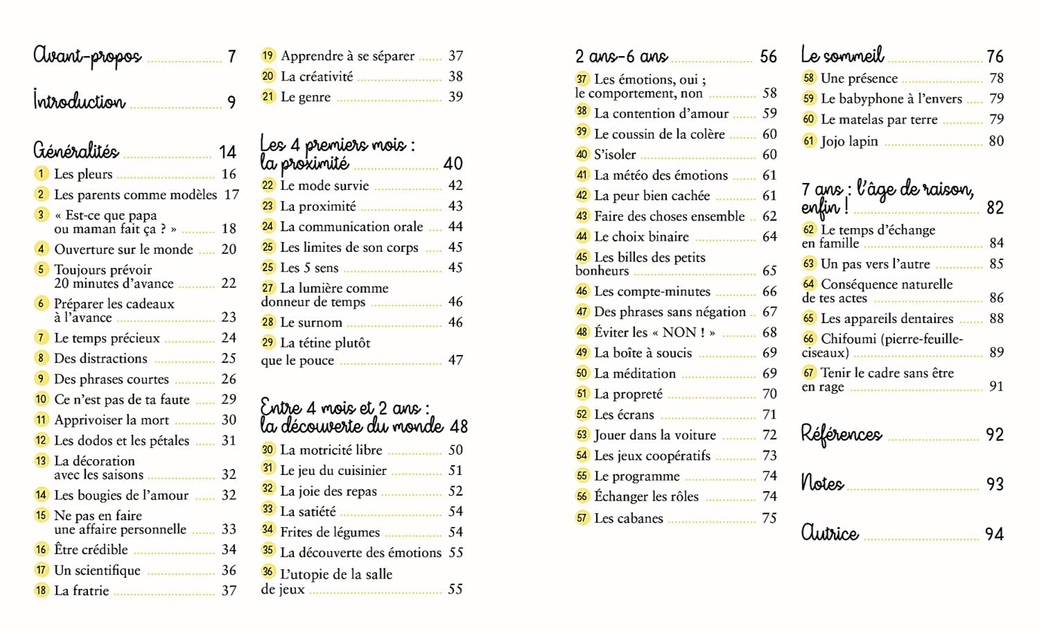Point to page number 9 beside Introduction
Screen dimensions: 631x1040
coord(232,103)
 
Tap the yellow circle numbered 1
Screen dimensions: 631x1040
coord(42,173)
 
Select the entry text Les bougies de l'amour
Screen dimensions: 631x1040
coord(121,495)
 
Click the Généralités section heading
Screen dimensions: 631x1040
coord(76,150)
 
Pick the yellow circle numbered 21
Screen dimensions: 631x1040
coord(268,96)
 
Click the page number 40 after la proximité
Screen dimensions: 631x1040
coord(453,164)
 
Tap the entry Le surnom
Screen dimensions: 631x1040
coord(311,322)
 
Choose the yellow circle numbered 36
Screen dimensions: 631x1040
coord(268,572)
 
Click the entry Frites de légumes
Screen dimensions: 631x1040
coord(330,533)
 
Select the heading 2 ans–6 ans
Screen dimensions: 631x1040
coord(621,57)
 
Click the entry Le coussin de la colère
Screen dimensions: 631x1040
coord(659,134)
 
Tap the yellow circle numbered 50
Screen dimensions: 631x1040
coord(582,373)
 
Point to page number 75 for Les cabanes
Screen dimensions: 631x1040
coord(769,518)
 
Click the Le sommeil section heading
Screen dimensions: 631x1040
coord(842,55)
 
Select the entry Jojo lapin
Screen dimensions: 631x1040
coord(849,141)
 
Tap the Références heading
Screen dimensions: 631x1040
coord(841,434)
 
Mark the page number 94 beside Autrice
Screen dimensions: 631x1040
coord(994,534)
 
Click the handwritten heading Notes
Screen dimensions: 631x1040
coord(822,483)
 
